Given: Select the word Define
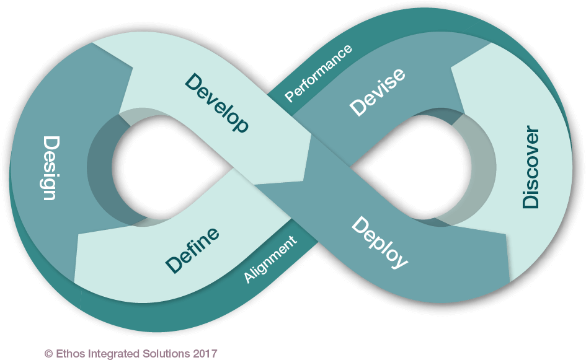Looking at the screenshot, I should [x=192, y=250].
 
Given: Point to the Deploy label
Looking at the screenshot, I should [x=380, y=242].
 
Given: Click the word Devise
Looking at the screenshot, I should [x=377, y=92].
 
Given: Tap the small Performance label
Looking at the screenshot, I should [x=318, y=73].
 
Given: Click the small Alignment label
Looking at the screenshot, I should [x=270, y=260].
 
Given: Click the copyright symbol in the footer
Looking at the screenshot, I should [x=48, y=354].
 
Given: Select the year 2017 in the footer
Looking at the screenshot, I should [x=206, y=354].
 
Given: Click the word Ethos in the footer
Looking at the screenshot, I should [x=67, y=354].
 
